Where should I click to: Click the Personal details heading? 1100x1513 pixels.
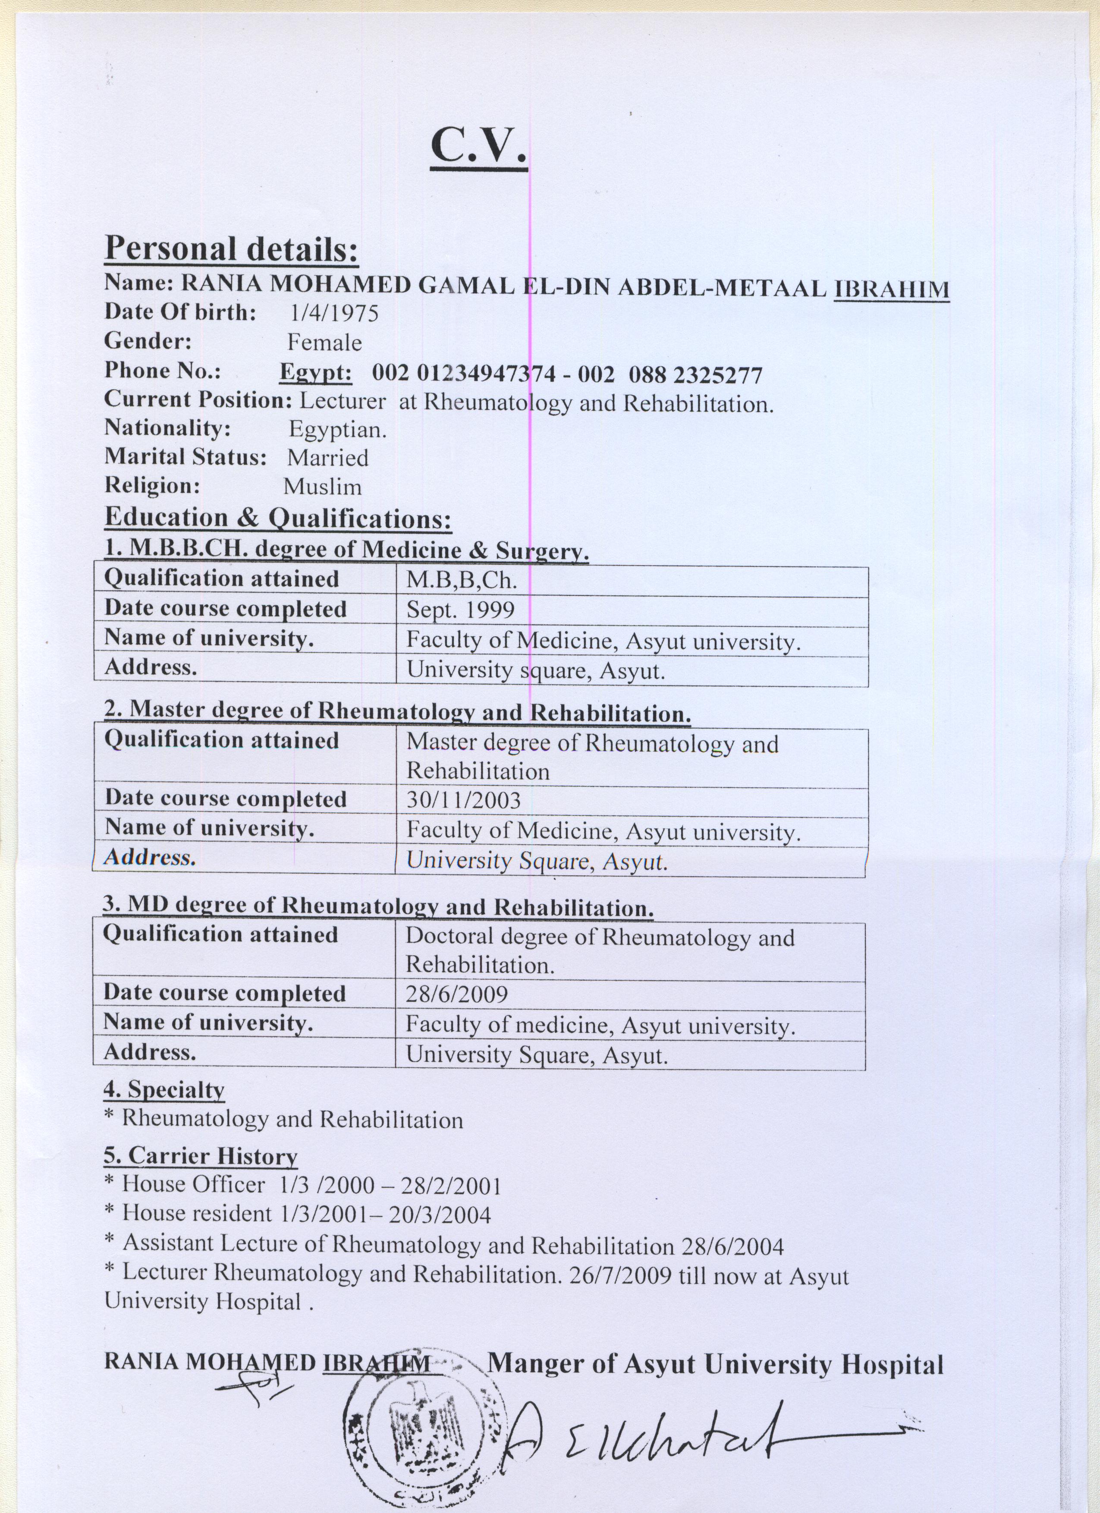232,249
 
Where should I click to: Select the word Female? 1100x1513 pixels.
324,343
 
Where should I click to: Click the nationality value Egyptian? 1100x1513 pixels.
337,429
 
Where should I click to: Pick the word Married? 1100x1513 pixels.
327,458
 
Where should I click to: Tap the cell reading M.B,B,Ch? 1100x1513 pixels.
462,580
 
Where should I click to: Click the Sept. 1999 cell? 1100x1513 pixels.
460,610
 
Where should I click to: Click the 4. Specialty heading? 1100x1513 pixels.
163,1090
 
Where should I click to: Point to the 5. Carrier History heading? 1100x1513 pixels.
200,1156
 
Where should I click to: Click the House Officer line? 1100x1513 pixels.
304,1186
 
